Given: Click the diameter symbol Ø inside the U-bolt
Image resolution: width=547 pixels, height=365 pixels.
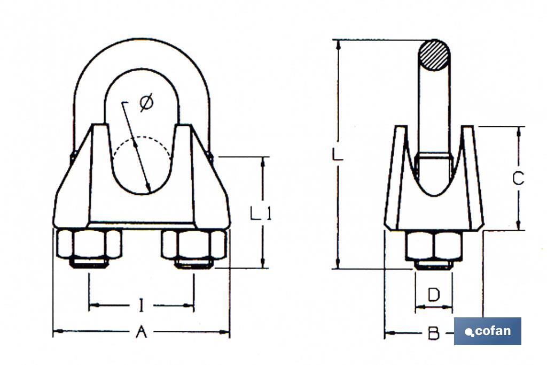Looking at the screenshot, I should point(146,103).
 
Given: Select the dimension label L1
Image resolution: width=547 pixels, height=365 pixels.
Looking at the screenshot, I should point(261,214).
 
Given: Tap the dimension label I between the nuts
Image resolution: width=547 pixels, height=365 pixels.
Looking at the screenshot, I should point(141,306).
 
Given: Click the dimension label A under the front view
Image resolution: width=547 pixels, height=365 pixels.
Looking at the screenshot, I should point(141,332).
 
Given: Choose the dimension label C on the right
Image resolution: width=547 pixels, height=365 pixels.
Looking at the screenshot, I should point(518,178).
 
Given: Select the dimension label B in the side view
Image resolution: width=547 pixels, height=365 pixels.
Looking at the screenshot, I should point(433,334).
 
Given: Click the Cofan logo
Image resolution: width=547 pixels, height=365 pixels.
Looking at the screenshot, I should point(487,331).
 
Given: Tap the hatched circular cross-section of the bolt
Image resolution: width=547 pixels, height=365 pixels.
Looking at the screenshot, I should point(433,55).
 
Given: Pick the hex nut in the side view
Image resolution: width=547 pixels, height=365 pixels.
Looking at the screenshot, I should point(433,246).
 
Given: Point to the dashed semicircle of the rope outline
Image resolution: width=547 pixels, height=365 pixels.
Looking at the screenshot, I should point(142,143).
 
